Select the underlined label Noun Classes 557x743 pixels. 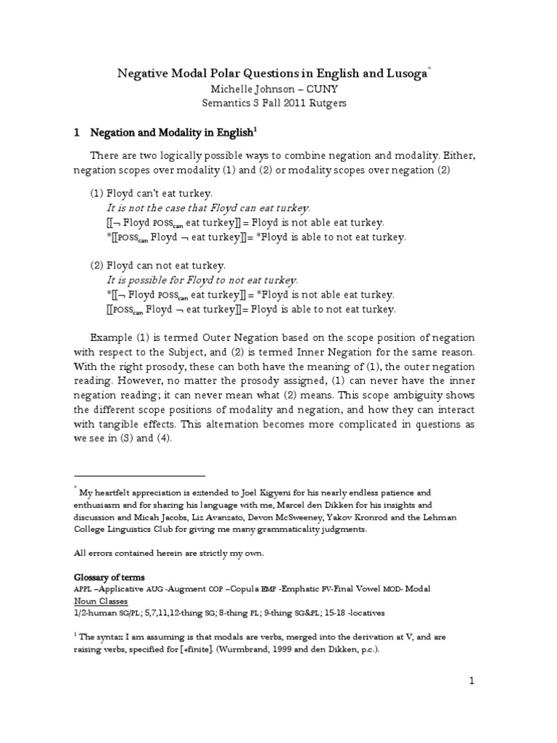[x=102, y=602]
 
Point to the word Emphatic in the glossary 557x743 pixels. [x=302, y=589]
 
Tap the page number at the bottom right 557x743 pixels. [x=472, y=681]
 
